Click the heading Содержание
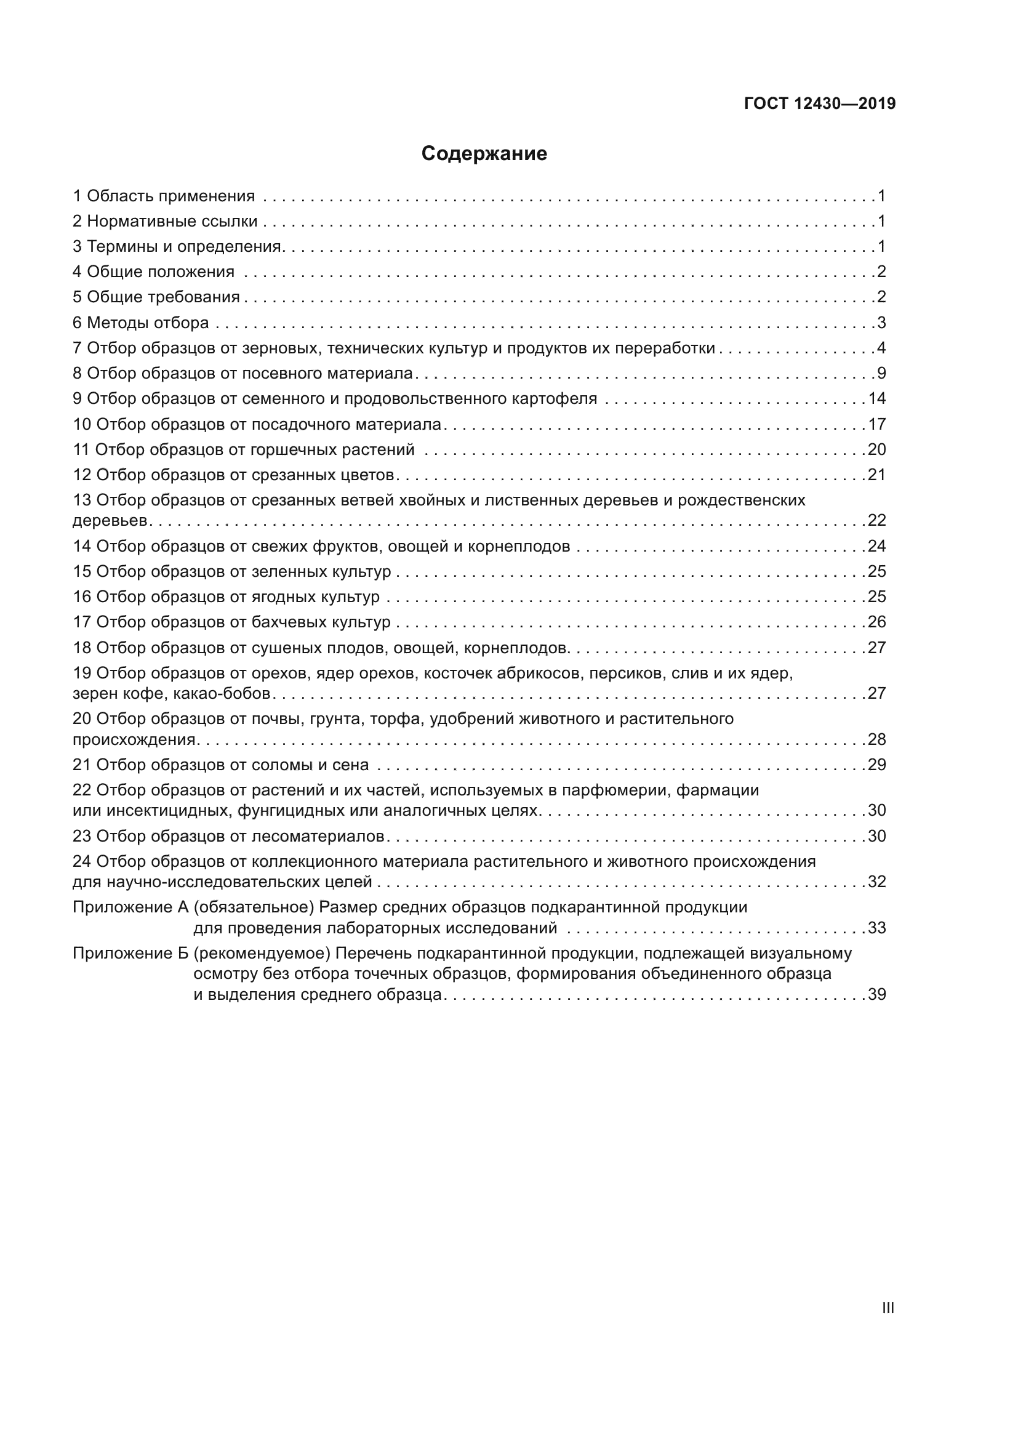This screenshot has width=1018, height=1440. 484,154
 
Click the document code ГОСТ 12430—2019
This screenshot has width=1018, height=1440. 819,104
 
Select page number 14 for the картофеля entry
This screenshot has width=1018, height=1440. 876,399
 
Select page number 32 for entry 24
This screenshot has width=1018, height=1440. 876,882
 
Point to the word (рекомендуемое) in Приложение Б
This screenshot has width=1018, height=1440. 262,954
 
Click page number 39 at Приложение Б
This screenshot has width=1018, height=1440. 876,995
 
